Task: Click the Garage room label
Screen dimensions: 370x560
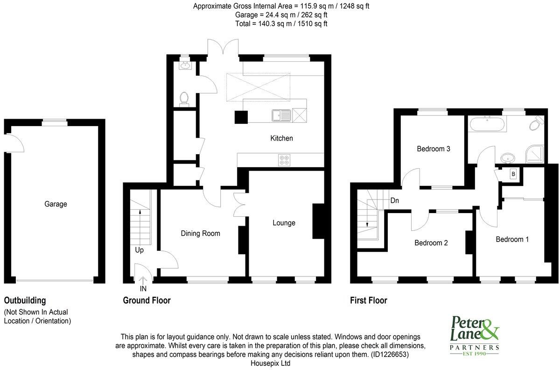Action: (56, 204)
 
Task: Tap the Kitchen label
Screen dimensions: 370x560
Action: (281, 138)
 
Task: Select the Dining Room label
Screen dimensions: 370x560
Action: (200, 233)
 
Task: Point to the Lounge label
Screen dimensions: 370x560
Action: (284, 223)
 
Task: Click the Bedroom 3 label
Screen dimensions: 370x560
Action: (433, 149)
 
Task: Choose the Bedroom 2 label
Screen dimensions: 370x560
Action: (431, 243)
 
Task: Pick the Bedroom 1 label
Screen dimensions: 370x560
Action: (512, 239)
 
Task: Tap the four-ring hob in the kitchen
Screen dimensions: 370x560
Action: (284, 160)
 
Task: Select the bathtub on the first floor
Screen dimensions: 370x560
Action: (487, 124)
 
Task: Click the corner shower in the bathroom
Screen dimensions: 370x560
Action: (536, 153)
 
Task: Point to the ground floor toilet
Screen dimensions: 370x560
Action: (184, 99)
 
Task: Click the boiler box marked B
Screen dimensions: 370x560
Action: (513, 174)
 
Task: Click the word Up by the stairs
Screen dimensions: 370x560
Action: (139, 250)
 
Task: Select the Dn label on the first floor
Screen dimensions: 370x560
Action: (394, 200)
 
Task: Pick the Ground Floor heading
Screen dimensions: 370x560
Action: (147, 300)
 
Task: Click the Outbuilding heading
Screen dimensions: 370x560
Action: (25, 300)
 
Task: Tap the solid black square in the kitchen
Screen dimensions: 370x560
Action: (241, 117)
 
